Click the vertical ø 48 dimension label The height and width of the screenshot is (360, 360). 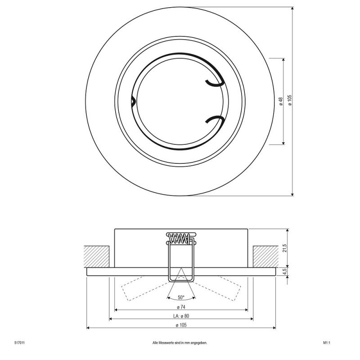click(x=280, y=101)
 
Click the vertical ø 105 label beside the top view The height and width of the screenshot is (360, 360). click(x=290, y=100)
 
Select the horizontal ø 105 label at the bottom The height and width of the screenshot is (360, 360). click(x=181, y=325)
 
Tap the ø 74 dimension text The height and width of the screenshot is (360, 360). click(x=181, y=307)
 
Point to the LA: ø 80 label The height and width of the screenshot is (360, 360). click(x=181, y=316)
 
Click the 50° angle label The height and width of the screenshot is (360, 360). click(x=181, y=297)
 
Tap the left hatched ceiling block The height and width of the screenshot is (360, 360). click(x=96, y=256)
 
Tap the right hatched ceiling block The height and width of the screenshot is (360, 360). click(x=265, y=256)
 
